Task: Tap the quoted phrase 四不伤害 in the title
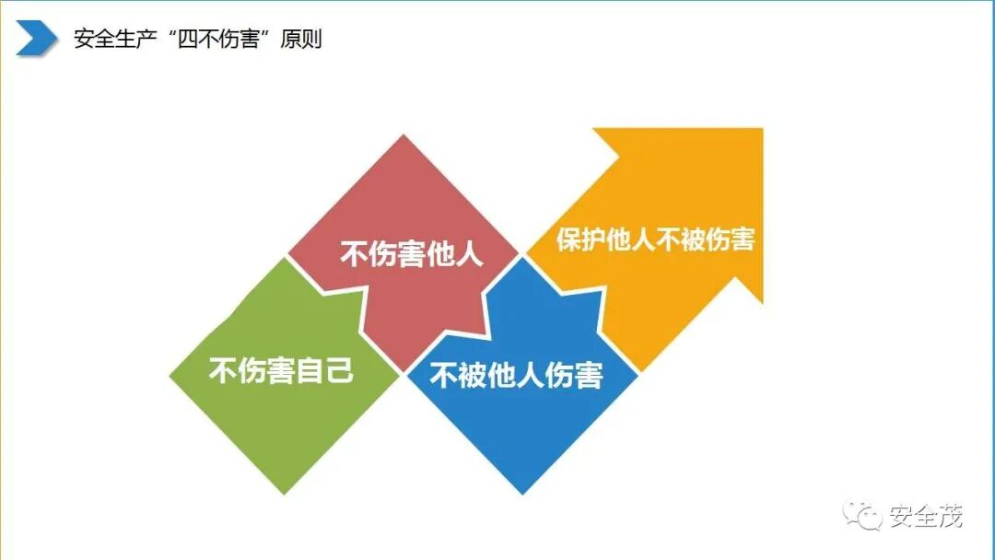(213, 40)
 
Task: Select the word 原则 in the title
(298, 40)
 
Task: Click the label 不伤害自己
(281, 373)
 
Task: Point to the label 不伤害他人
(412, 254)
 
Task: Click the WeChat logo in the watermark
(865, 516)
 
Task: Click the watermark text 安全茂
(925, 516)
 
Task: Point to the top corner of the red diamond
(404, 135)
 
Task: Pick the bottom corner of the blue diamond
(521, 493)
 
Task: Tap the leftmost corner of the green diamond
(170, 375)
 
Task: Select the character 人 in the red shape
(469, 254)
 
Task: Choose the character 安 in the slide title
(84, 40)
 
